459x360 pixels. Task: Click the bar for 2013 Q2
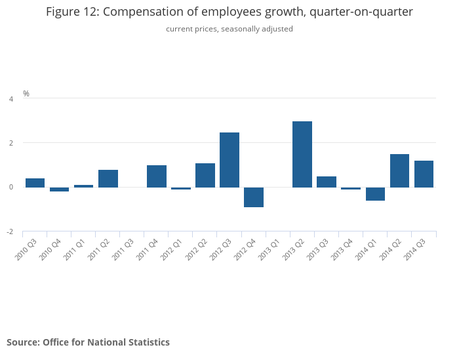pyautogui.click(x=302, y=154)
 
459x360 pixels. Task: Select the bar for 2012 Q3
pyautogui.click(x=229, y=160)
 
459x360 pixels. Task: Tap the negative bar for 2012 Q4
pyautogui.click(x=254, y=197)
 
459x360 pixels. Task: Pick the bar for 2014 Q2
pyautogui.click(x=399, y=170)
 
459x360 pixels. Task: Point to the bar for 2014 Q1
pyautogui.click(x=375, y=194)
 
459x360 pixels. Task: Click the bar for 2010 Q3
pyautogui.click(x=35, y=183)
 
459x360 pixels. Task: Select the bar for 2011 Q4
pyautogui.click(x=157, y=176)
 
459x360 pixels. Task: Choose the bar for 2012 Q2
pyautogui.click(x=205, y=175)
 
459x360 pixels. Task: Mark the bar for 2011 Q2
pyautogui.click(x=108, y=178)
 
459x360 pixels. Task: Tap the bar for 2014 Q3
pyautogui.click(x=424, y=174)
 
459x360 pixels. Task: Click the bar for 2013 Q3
pyautogui.click(x=327, y=182)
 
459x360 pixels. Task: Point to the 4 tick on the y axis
pyautogui.click(x=10, y=99)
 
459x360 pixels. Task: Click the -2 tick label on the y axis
pyautogui.click(x=10, y=232)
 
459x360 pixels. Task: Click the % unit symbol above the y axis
pyautogui.click(x=26, y=94)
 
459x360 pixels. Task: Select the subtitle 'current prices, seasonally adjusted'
pyautogui.click(x=229, y=29)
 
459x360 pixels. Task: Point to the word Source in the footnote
pyautogui.click(x=22, y=342)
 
